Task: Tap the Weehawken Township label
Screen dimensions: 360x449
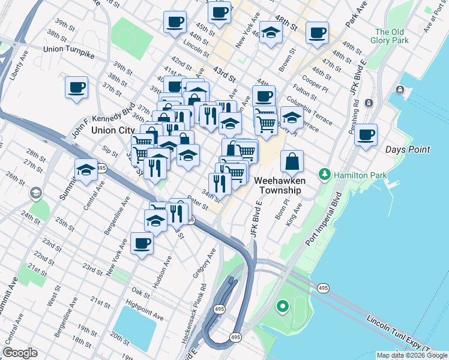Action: tap(279, 185)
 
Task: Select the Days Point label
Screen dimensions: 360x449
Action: tap(407, 149)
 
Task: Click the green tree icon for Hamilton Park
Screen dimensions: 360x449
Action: tap(325, 174)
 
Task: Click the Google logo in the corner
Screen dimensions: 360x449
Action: tap(20, 353)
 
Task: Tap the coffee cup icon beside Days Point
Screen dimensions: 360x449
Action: tap(366, 134)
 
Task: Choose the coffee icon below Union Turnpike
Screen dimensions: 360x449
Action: tap(77, 87)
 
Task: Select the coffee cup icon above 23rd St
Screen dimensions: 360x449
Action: tap(142, 243)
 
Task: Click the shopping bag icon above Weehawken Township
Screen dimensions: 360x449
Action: tap(292, 161)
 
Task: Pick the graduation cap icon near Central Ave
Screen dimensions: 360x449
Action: tap(86, 170)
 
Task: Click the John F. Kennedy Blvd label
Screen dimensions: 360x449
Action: tap(103, 120)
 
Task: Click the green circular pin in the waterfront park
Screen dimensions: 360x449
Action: tap(282, 307)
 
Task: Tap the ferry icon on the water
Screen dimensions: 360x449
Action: tap(400, 90)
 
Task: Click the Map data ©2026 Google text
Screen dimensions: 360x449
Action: tap(412, 355)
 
